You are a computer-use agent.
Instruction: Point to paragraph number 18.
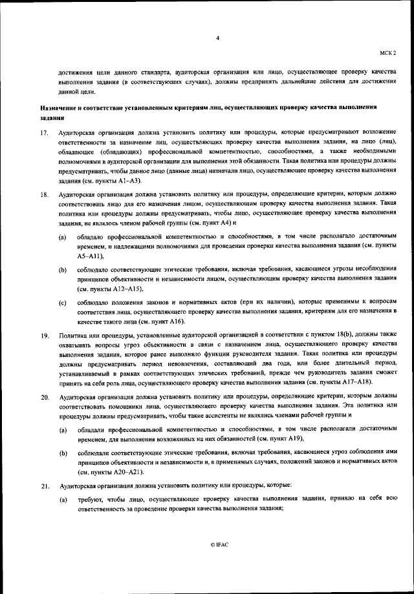pyautogui.click(x=45, y=193)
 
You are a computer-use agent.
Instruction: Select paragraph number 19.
pyautogui.click(x=45, y=336)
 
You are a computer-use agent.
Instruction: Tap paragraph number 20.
pyautogui.click(x=45, y=396)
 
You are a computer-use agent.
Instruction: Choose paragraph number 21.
pyautogui.click(x=45, y=485)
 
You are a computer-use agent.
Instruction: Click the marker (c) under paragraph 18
pyautogui.click(x=62, y=302)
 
